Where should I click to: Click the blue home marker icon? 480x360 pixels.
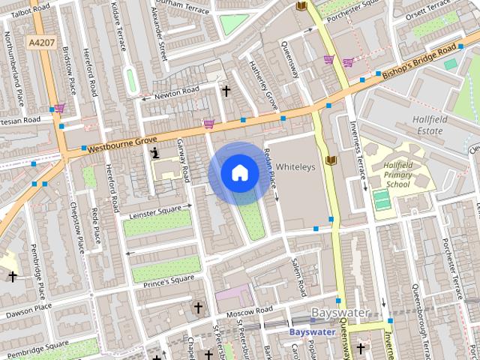[x=239, y=173]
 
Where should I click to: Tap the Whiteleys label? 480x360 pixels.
[x=295, y=166]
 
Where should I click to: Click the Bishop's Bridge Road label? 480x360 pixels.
[x=420, y=63]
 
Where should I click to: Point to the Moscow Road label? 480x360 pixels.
[x=251, y=310]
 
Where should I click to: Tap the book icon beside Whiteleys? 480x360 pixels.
[x=331, y=160]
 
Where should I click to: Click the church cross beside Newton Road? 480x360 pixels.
[x=226, y=91]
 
